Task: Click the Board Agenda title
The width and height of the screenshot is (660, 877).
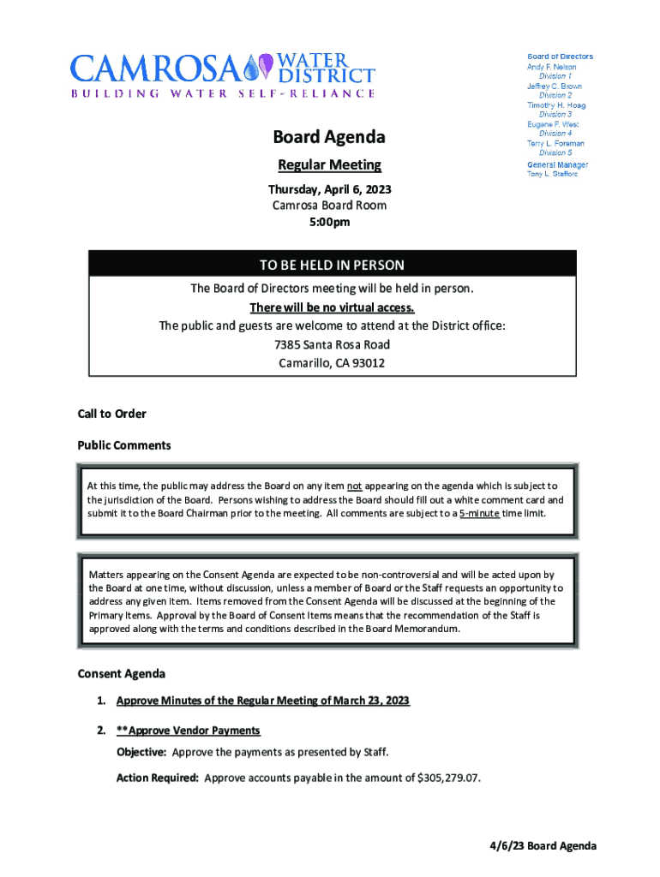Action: click(329, 137)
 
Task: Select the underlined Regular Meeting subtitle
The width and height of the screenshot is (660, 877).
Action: click(329, 165)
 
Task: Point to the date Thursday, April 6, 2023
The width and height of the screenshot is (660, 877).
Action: click(329, 189)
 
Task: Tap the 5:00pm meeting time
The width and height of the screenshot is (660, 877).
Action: click(329, 222)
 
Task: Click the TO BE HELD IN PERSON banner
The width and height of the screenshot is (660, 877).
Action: click(332, 265)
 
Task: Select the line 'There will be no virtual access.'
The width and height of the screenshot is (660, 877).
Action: click(332, 307)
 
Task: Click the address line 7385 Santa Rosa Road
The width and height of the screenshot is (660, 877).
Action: click(332, 344)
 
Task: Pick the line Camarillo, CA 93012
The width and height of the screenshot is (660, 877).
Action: click(332, 363)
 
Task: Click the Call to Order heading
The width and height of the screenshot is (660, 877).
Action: click(111, 414)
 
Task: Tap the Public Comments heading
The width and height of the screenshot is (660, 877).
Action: click(124, 445)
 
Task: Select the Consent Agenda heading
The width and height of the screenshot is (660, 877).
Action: click(121, 674)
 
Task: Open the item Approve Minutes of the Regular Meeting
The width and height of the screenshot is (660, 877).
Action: click(262, 701)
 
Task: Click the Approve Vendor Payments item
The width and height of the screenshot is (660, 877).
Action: click(189, 731)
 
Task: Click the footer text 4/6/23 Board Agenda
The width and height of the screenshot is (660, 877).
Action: click(537, 846)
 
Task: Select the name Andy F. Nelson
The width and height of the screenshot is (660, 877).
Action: click(551, 67)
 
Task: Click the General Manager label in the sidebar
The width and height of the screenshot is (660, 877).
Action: click(557, 164)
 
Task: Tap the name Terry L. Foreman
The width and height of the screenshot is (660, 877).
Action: click(555, 144)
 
